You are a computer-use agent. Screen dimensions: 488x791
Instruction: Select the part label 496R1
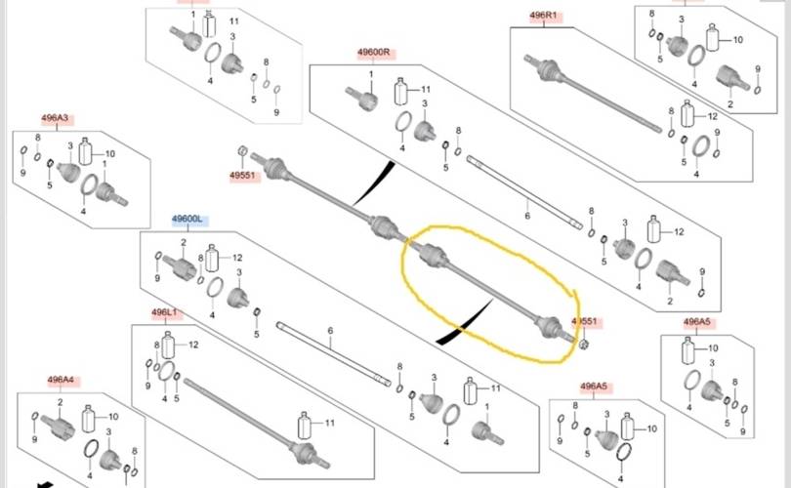[x=543, y=16]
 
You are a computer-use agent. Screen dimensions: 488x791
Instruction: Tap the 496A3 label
[x=55, y=119]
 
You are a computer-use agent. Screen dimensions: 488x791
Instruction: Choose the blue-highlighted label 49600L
[x=187, y=220]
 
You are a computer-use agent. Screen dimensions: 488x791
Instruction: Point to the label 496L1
[x=165, y=312]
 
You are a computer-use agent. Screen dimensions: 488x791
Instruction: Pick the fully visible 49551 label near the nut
[x=242, y=177]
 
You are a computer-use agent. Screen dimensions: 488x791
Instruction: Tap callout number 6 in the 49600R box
[x=526, y=215]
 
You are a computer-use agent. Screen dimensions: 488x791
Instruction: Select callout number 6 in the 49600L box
[x=330, y=332]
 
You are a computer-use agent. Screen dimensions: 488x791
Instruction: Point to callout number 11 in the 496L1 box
[x=329, y=423]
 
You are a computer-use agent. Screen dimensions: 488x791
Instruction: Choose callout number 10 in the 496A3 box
[x=109, y=154]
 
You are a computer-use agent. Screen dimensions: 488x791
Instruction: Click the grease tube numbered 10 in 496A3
[x=85, y=152]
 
